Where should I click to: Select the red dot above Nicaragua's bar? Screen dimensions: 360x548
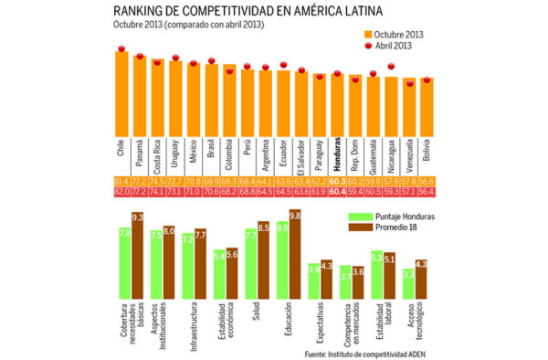[x=391, y=66]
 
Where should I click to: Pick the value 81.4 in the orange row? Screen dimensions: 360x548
[x=121, y=182]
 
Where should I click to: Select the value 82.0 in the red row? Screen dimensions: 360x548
[x=121, y=193]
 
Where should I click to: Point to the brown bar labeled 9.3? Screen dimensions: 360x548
[x=137, y=256]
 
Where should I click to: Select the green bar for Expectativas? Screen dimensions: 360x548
[x=313, y=281]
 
